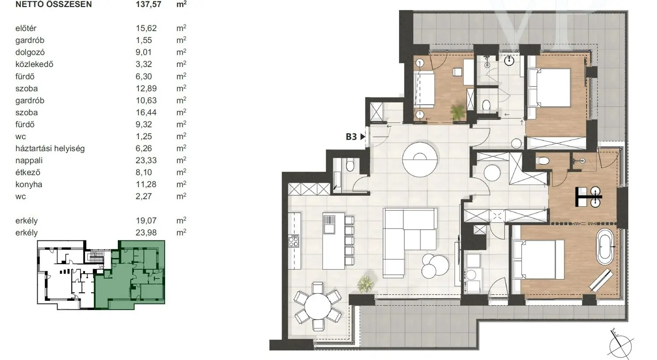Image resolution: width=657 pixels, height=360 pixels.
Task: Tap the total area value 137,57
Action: point(148,4)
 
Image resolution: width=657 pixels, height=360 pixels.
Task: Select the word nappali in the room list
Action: point(29,160)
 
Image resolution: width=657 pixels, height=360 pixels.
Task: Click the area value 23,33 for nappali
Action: point(146,160)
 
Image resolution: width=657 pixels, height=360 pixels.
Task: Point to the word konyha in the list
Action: point(29,184)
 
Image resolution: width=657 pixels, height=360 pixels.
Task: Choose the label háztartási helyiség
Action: point(50,148)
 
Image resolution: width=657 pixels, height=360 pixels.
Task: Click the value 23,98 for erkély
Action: point(146,233)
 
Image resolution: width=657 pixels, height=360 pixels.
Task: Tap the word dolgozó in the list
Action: point(30,53)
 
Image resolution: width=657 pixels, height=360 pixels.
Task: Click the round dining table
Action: point(318,307)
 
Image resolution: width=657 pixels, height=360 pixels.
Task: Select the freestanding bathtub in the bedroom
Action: point(605,247)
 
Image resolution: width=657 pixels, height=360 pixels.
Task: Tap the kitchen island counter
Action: point(333,241)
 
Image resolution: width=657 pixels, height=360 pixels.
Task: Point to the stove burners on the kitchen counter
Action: point(293,241)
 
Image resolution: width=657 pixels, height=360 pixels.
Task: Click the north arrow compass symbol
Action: point(620,346)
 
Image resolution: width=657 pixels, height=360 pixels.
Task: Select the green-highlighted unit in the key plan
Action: point(129,275)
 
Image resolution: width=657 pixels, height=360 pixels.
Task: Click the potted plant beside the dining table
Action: point(365,284)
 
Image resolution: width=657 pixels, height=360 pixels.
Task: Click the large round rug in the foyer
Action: point(420,159)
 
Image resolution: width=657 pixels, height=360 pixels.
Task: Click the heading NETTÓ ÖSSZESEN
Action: point(54,4)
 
